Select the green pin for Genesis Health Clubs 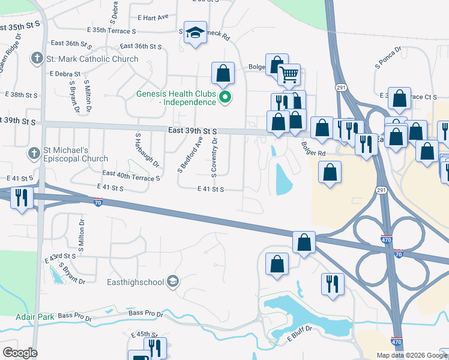(x=225, y=97)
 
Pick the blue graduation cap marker (x=195, y=32)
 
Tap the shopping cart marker (x=289, y=74)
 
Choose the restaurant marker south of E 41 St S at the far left (x=22, y=198)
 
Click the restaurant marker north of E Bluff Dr (x=333, y=283)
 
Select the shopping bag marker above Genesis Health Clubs (x=223, y=73)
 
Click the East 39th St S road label (x=192, y=131)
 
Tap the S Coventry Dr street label (x=214, y=155)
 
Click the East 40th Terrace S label (x=131, y=175)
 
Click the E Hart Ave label (x=153, y=17)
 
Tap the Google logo (x=20, y=353)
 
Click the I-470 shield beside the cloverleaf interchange (x=387, y=239)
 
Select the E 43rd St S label (x=60, y=257)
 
